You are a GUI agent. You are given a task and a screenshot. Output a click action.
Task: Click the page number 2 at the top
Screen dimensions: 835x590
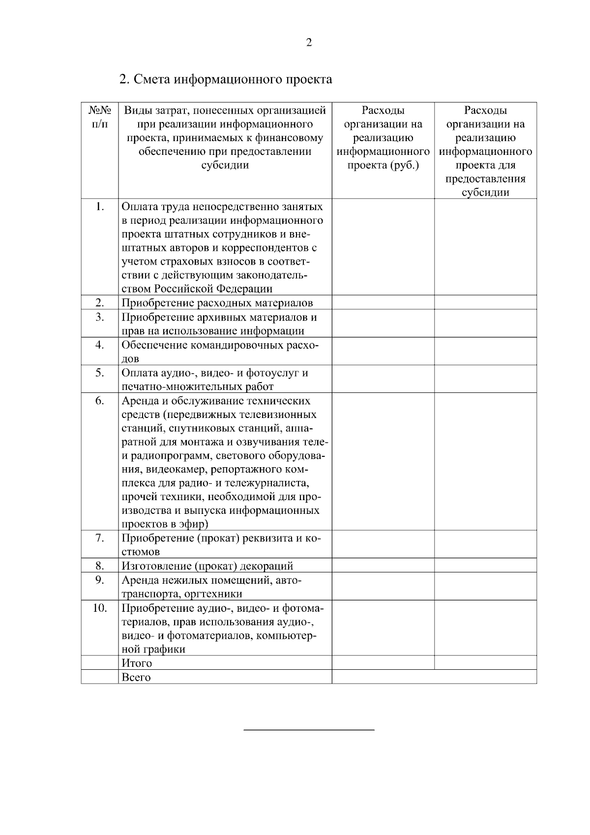(309, 43)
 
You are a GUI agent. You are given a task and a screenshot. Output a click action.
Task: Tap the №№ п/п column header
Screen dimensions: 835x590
(99, 117)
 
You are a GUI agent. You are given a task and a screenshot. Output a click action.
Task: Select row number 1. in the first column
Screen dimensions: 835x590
(100, 206)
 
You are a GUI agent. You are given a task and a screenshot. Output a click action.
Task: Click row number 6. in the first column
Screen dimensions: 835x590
(100, 401)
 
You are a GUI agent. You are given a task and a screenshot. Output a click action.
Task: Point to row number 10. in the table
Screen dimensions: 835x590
(100, 608)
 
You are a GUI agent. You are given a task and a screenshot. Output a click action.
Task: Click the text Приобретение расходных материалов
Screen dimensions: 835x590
(217, 303)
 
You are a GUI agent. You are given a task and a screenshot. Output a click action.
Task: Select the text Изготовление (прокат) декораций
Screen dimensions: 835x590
(207, 566)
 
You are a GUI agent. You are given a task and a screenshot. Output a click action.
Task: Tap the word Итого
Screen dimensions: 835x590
(137, 663)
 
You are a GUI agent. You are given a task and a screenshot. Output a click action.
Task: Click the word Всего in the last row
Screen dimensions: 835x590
(136, 678)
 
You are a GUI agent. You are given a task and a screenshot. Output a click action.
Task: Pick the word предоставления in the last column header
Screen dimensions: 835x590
(485, 179)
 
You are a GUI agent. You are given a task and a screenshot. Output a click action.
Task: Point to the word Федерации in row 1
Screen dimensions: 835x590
(245, 289)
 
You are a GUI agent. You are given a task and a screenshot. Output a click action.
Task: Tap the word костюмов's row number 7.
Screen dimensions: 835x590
(100, 538)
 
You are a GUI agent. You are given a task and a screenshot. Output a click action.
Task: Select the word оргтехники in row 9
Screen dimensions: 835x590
(213, 594)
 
